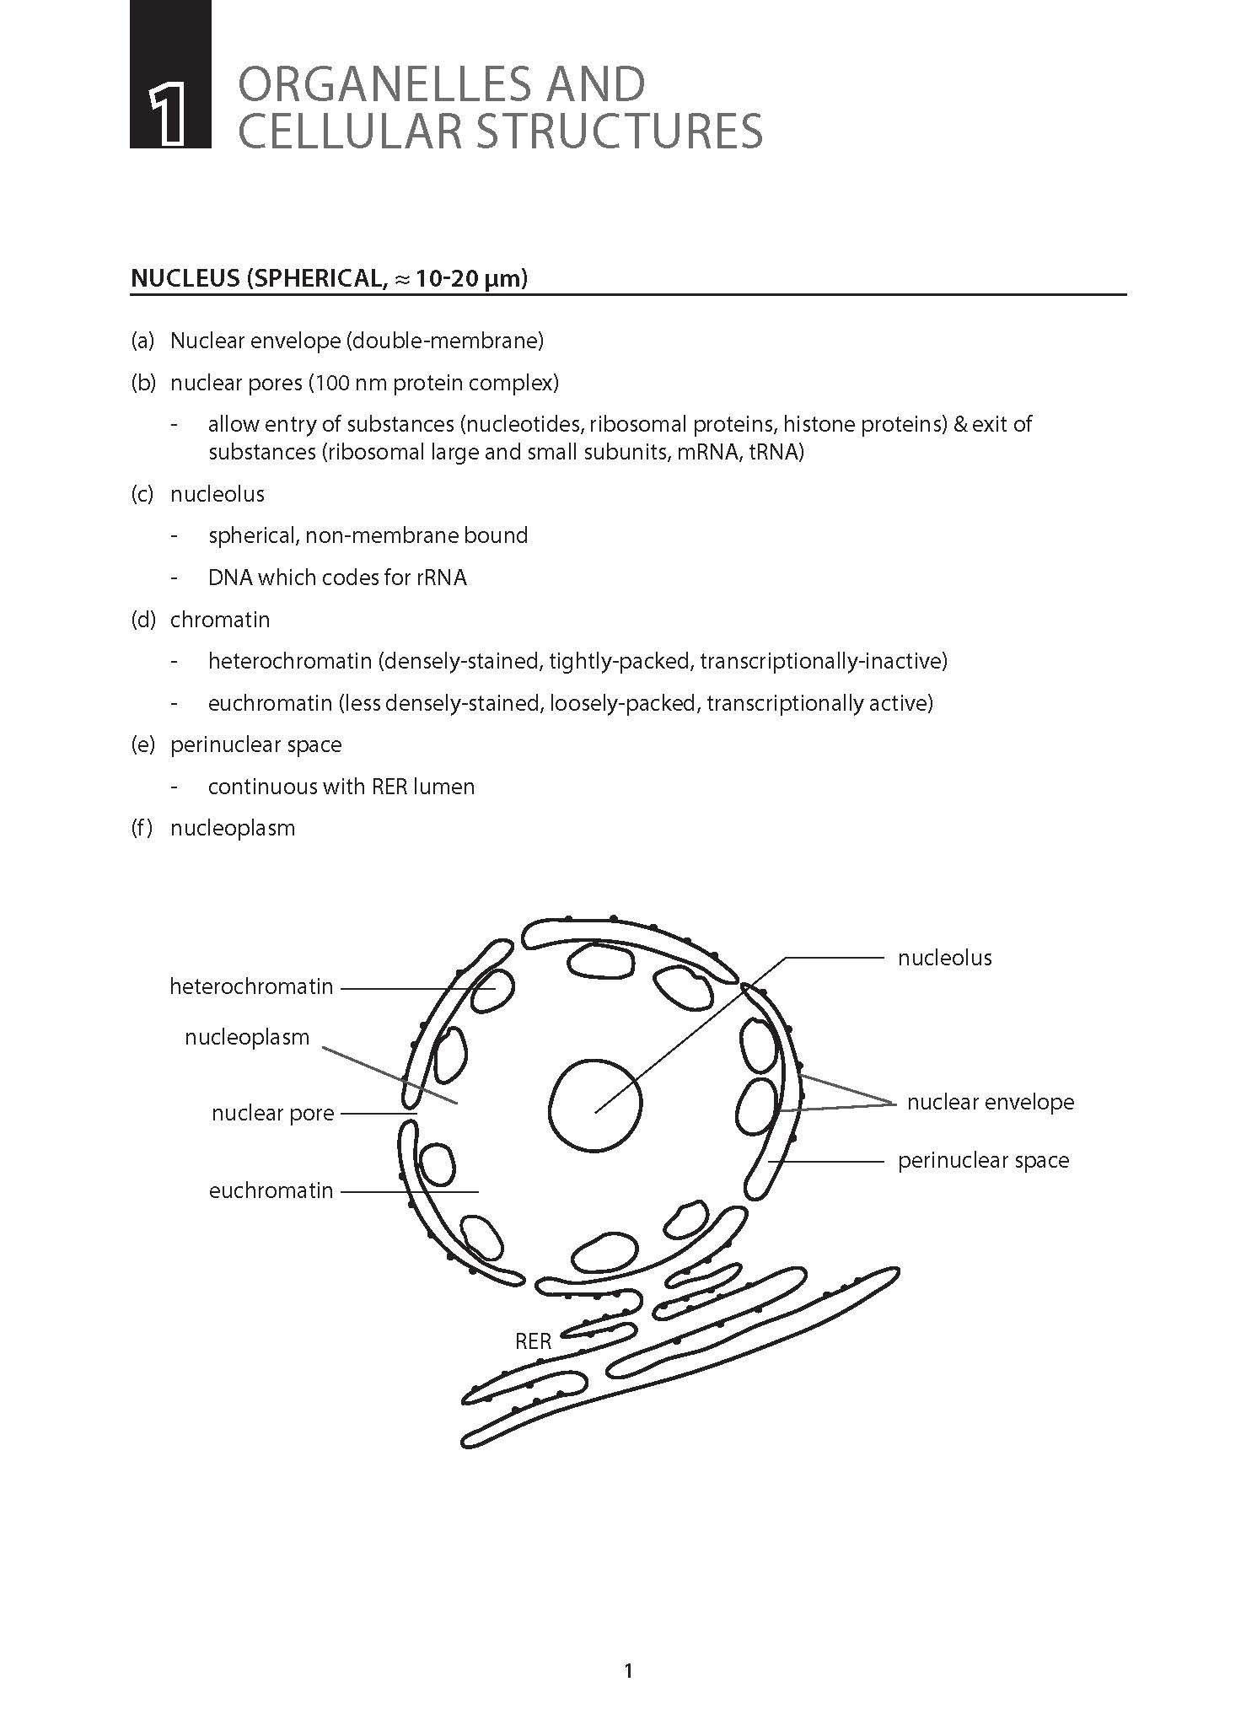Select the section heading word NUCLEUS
(185, 278)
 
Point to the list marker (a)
(142, 341)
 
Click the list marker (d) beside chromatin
(142, 620)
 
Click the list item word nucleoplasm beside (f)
(233, 828)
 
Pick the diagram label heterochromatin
(251, 986)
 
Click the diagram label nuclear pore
(273, 1113)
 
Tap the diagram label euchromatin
(271, 1190)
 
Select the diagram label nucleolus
(944, 958)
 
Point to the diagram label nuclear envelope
(991, 1102)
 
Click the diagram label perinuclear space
(983, 1160)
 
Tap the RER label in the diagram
(533, 1341)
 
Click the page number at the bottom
(628, 1670)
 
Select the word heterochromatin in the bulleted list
(290, 661)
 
